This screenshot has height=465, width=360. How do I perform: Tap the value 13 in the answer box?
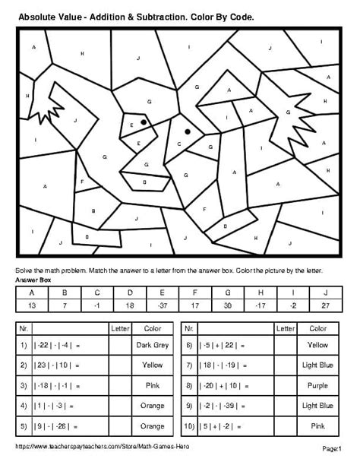(31, 305)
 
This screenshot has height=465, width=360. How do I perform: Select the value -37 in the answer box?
(161, 305)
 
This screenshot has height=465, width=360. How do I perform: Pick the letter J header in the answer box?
(324, 292)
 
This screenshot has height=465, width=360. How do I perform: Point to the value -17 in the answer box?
(259, 305)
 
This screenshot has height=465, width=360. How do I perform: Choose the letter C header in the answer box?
(96, 292)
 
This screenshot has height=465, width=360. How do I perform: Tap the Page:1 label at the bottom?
(332, 448)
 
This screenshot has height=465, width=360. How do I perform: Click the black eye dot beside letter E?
(143, 122)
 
